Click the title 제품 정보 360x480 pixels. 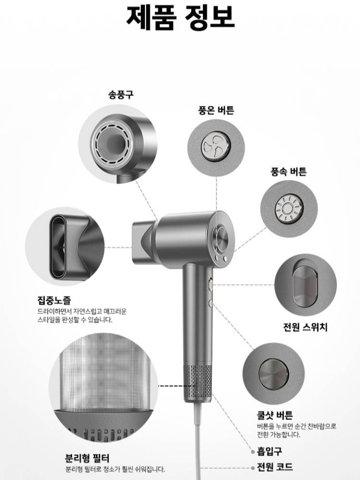click(180, 17)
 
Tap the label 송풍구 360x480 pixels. click(120, 95)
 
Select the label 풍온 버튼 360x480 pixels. click(216, 110)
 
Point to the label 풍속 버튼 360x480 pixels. click(288, 171)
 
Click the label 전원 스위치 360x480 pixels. click(305, 327)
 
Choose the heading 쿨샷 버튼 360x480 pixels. click(275, 415)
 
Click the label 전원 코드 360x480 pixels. click(275, 467)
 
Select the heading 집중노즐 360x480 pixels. click(54, 300)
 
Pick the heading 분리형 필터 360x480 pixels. click(87, 458)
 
